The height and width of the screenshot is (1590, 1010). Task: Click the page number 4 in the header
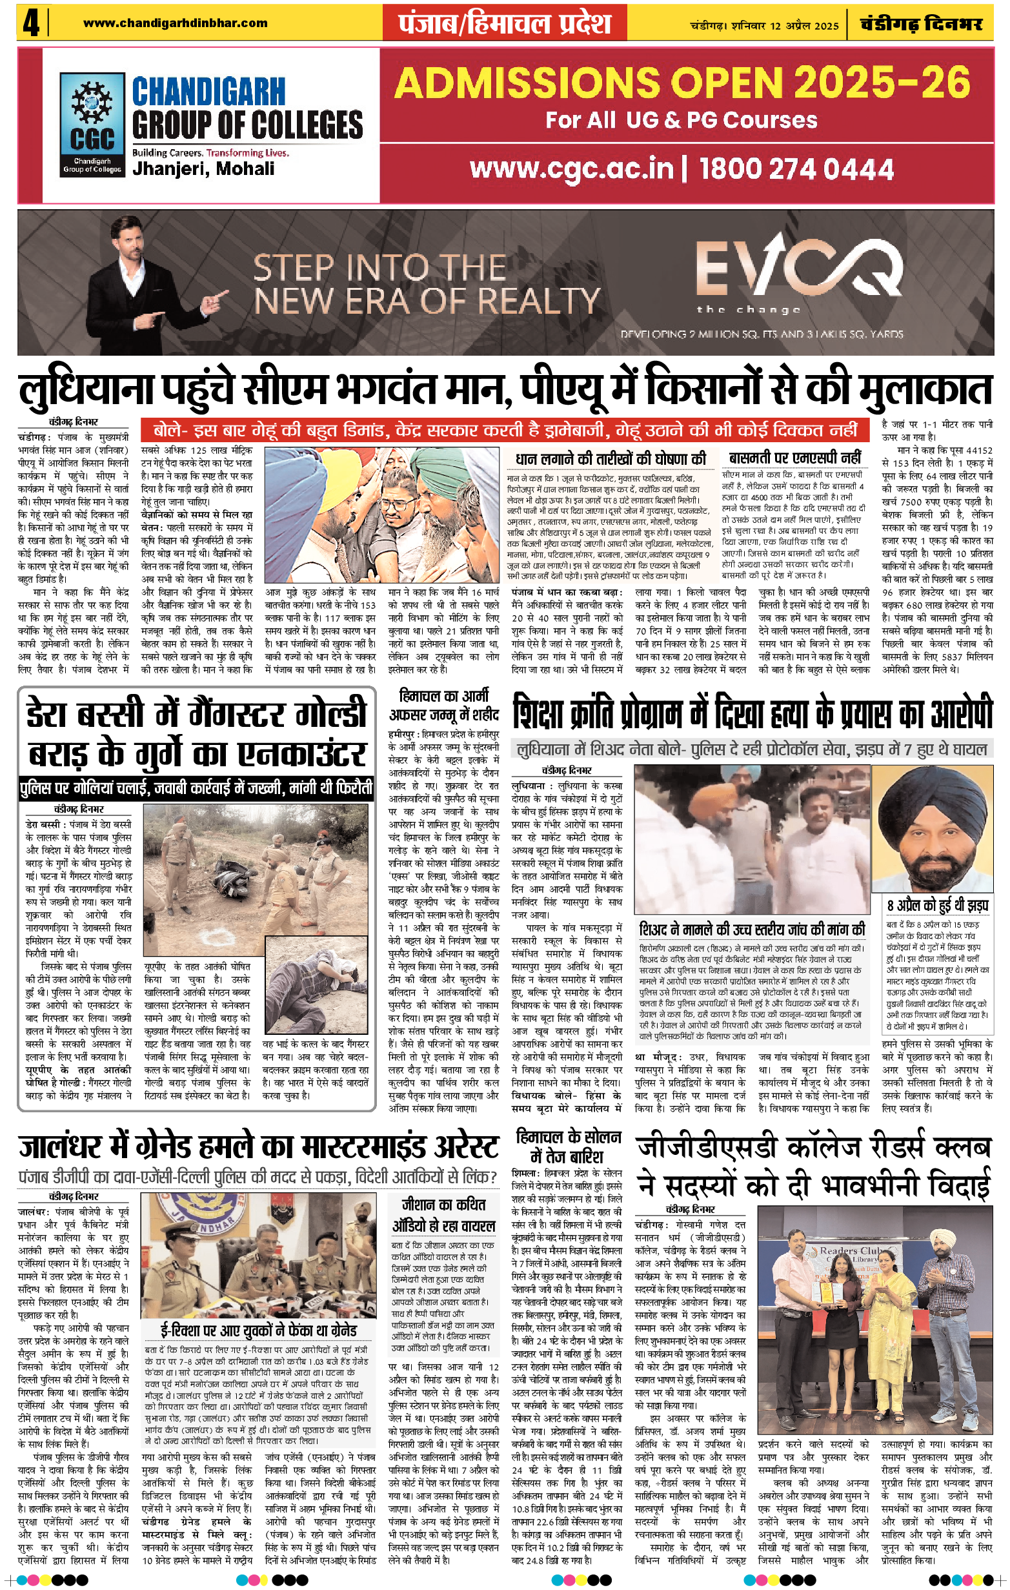(30, 24)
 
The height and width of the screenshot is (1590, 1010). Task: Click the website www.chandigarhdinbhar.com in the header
(175, 23)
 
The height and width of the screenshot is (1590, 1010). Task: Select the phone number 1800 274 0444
(796, 169)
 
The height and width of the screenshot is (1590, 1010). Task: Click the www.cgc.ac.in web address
(572, 169)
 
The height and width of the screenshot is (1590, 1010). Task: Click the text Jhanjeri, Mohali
(203, 169)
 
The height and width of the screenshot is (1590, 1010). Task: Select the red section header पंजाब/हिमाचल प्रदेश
(504, 24)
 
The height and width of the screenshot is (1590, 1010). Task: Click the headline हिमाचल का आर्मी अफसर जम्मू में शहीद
(443, 705)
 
